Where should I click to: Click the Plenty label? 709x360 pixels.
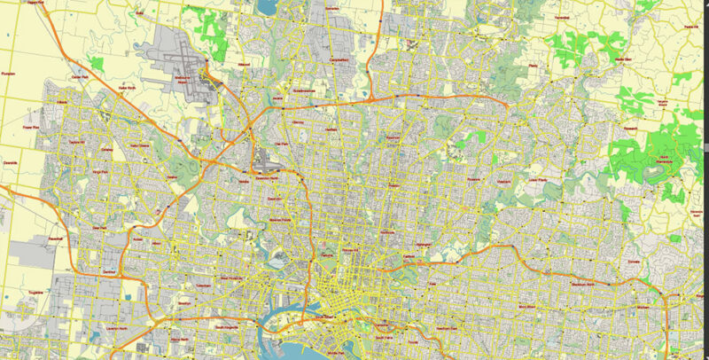tap(534, 66)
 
